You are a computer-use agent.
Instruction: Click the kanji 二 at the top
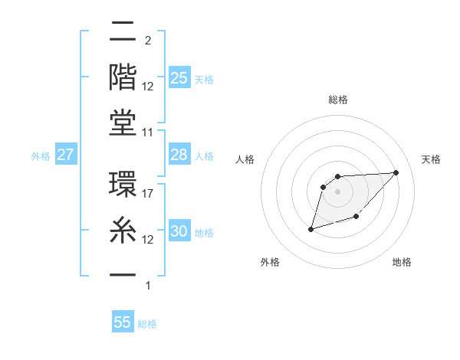pos(123,33)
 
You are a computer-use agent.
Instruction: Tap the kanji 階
pos(123,77)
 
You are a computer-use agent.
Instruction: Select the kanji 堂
pos(123,123)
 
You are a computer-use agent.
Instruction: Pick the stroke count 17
pos(149,195)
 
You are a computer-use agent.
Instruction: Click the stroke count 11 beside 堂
pos(149,132)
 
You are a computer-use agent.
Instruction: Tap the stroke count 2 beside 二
pos(147,41)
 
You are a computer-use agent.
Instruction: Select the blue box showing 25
pos(179,78)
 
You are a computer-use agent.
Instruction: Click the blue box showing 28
pos(179,155)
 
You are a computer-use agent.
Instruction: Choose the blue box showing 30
pos(179,231)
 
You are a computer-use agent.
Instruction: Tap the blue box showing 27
pos(66,155)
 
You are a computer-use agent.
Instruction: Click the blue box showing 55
pos(123,322)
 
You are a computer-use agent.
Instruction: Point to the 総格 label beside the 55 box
pos(148,324)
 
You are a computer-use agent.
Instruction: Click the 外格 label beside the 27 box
pos(41,156)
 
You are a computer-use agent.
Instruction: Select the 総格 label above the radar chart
pos(338,100)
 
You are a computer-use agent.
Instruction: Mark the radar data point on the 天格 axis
pos(396,172)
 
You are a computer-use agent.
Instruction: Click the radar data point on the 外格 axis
pos(311,229)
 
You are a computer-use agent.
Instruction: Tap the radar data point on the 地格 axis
pos(356,218)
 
